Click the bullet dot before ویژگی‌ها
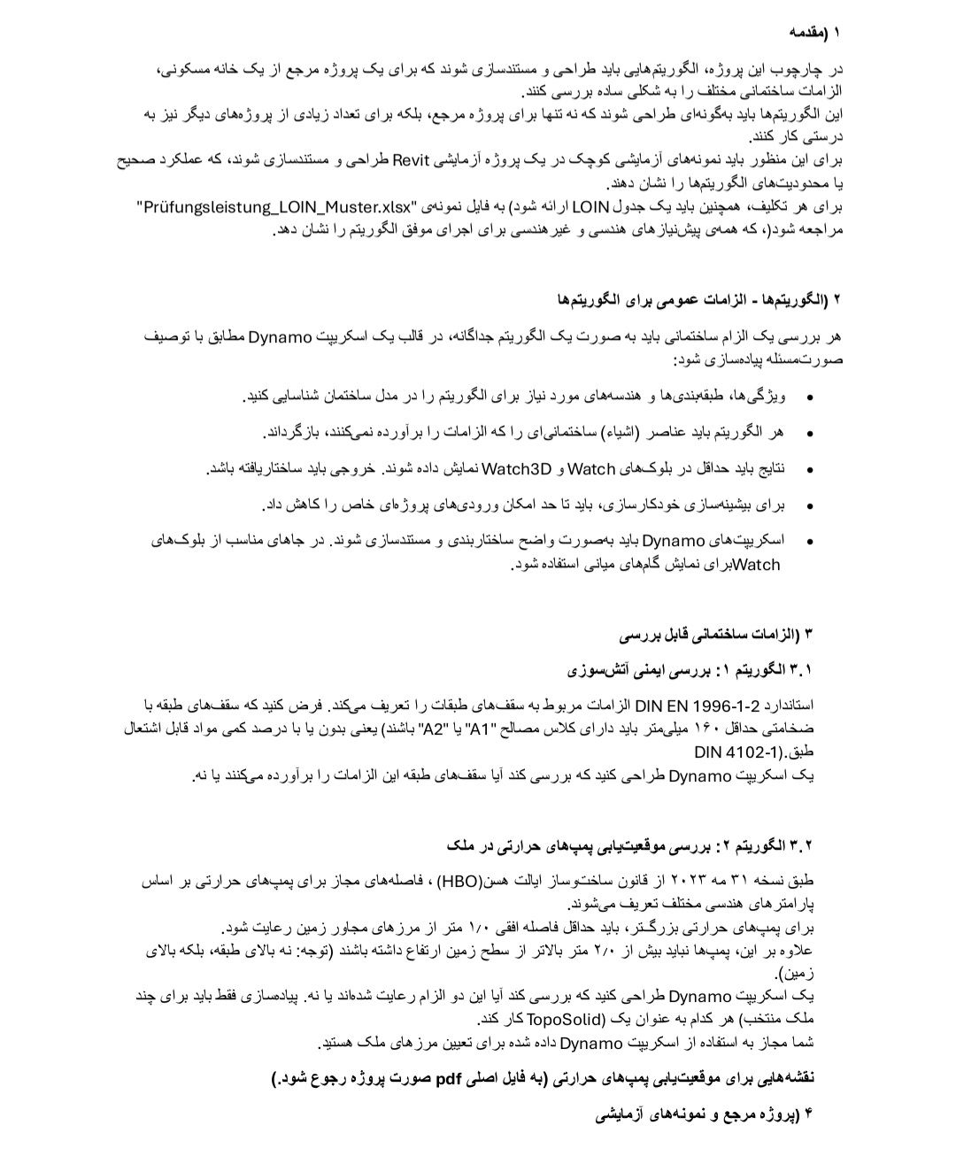[809, 397]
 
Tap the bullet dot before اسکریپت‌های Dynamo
[809, 542]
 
